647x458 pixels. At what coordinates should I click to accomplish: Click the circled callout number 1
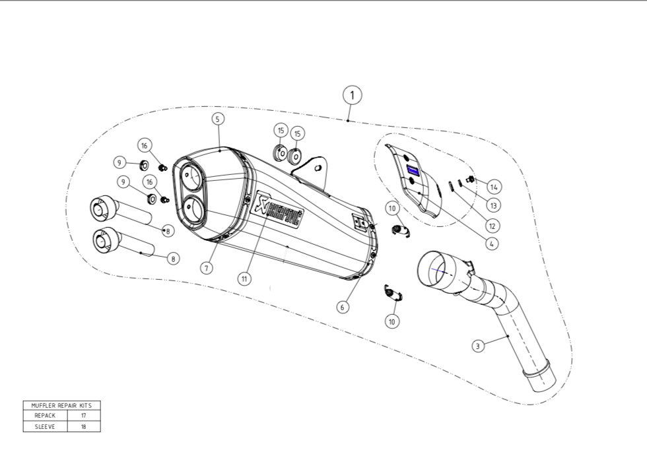pos(353,95)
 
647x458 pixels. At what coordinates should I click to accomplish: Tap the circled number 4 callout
pos(491,244)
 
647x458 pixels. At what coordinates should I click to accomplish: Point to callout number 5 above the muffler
pos(219,119)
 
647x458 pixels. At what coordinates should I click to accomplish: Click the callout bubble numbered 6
pos(343,307)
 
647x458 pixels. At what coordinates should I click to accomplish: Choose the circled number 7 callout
pos(207,268)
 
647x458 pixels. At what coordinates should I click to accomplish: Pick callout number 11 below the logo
pos(244,278)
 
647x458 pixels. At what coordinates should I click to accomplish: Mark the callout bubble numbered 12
pos(491,225)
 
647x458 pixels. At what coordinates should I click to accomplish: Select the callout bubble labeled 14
pos(494,187)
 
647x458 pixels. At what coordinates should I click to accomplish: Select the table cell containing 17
pos(84,416)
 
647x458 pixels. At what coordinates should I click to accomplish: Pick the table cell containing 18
pos(84,426)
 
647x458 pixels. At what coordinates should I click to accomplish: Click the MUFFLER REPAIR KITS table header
pos(61,405)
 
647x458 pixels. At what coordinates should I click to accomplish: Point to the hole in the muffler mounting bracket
pos(318,168)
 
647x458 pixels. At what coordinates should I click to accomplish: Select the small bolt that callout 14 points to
pos(471,179)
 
